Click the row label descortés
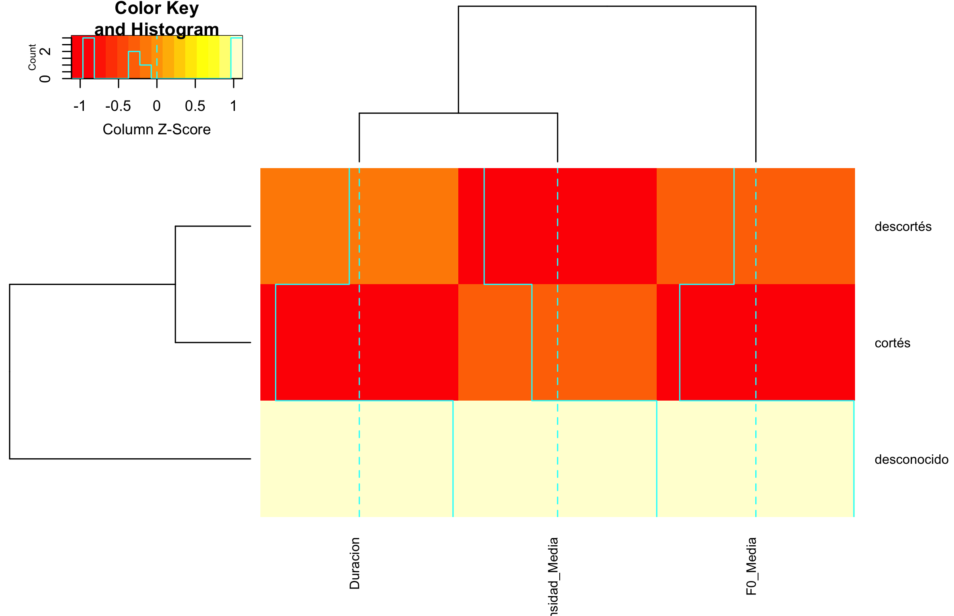point(903,227)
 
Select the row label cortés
point(892,343)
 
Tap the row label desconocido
point(911,459)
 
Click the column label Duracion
point(355,563)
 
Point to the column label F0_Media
point(751,566)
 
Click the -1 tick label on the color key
point(79,106)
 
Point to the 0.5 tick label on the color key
point(195,106)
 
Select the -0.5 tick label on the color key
point(118,106)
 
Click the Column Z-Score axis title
point(156,130)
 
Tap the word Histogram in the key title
point(175,29)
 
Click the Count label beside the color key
point(32,57)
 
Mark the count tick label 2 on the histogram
point(46,51)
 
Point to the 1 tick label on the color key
point(233,106)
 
